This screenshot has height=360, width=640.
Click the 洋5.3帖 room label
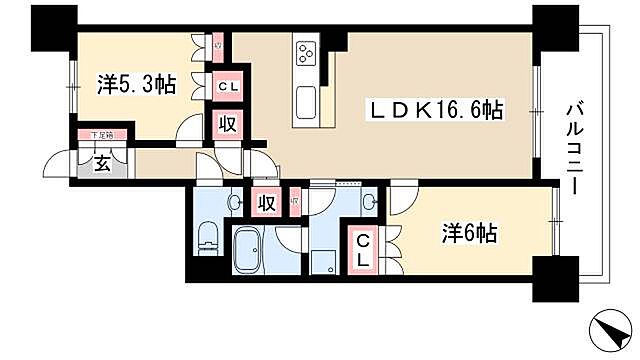pyautogui.click(x=137, y=84)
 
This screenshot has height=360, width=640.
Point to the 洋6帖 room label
pyautogui.click(x=470, y=235)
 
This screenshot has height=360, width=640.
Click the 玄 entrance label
pyautogui.click(x=103, y=164)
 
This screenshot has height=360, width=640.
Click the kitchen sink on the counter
pyautogui.click(x=306, y=101)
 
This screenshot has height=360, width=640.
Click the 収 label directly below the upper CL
pyautogui.click(x=227, y=124)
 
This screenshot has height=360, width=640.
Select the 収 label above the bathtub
pyautogui.click(x=266, y=203)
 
